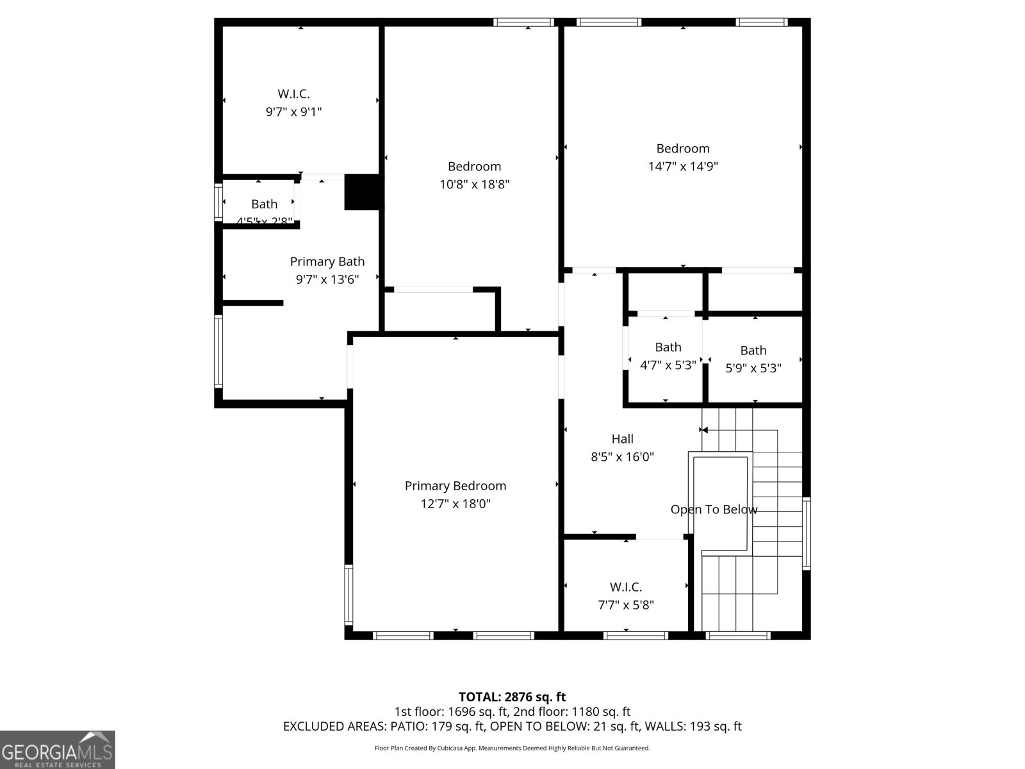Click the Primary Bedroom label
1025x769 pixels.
point(455,486)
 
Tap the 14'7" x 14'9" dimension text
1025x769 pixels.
point(683,167)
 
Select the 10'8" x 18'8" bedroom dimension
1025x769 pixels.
point(474,185)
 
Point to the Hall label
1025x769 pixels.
point(622,439)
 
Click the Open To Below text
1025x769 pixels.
point(714,509)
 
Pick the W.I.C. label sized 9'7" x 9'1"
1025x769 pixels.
point(293,94)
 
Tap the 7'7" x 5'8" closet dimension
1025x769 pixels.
point(626,605)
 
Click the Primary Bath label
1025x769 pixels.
point(327,261)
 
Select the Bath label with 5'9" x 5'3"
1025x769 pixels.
point(753,351)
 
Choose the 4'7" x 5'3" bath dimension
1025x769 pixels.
point(668,366)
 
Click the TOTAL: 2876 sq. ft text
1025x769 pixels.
point(512,697)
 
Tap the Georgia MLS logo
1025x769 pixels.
point(57,749)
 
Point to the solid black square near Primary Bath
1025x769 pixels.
point(363,192)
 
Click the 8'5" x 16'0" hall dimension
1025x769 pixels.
point(622,457)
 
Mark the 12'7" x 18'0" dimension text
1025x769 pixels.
point(455,504)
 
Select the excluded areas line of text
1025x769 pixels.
point(512,727)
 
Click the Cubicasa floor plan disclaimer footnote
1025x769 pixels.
point(512,748)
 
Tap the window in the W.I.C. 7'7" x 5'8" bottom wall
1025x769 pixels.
point(635,635)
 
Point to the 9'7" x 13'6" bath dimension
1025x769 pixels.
point(327,279)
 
